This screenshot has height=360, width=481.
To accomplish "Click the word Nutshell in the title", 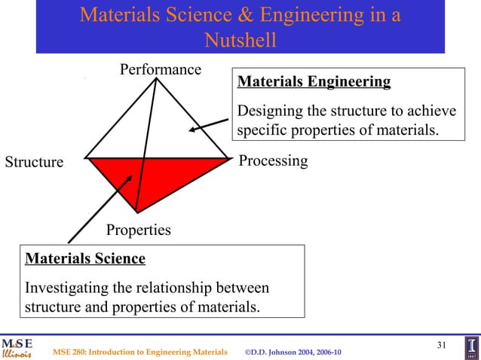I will coord(240,39).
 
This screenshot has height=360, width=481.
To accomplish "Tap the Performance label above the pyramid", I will coord(161,70).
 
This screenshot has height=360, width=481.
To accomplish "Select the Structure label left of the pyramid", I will coord(35,162).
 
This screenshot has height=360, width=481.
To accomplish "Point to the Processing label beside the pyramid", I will coord(273,160).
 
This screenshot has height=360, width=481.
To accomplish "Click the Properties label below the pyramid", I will coord(138,230).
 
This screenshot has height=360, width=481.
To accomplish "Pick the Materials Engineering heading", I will coord(314,81).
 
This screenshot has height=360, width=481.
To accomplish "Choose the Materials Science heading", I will coord(85,259).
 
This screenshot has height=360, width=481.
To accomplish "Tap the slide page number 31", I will coord(442,345).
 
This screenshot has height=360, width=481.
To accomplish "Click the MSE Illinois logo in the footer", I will coord(17,346).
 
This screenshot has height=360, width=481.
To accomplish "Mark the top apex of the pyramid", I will coord(156,78).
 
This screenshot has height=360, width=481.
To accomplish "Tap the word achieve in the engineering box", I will coord(431,111).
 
